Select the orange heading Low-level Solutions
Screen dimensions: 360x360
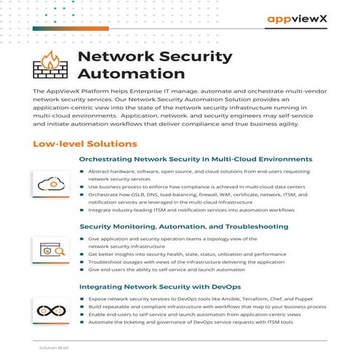coord(85,144)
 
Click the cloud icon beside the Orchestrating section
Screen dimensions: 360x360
coord(51,183)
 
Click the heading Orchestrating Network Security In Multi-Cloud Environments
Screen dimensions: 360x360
coord(196,159)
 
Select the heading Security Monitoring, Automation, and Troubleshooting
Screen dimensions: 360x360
coord(185,226)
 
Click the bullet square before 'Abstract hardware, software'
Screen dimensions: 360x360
coord(82,170)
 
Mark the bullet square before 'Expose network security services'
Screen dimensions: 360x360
coord(82,299)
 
